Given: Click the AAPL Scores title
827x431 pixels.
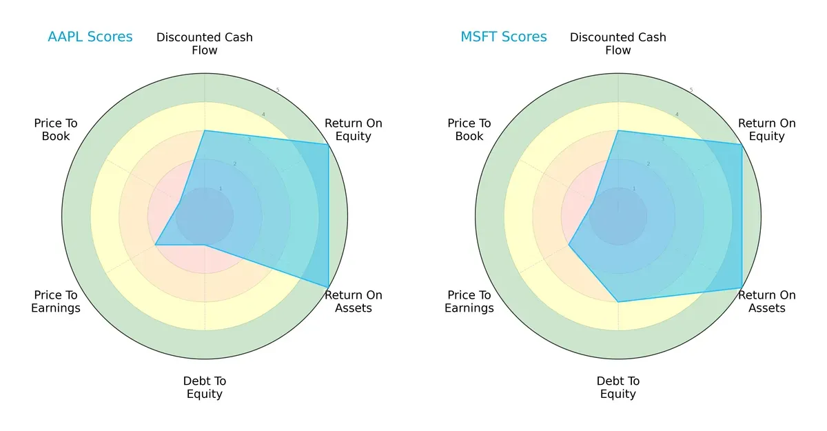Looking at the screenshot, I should pyautogui.click(x=90, y=37).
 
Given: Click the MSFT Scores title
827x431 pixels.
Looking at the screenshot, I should pyautogui.click(x=504, y=37).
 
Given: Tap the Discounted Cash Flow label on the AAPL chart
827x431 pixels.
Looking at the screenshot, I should pyautogui.click(x=205, y=43).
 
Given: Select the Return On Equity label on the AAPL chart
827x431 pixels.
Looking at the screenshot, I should pyautogui.click(x=354, y=130).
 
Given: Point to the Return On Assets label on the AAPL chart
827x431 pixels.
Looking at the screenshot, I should pyautogui.click(x=354, y=301).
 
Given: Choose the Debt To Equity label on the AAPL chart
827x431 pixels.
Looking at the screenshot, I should pyautogui.click(x=205, y=388).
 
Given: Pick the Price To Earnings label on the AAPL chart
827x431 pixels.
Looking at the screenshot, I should pyautogui.click(x=56, y=301).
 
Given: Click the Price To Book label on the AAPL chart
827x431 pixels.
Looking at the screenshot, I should pyautogui.click(x=56, y=130).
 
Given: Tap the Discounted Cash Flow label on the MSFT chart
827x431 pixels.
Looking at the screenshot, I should pyautogui.click(x=618, y=43).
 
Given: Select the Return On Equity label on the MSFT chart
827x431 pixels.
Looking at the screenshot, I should pyautogui.click(x=767, y=130).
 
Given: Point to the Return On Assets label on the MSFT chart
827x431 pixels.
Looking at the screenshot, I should pyautogui.click(x=767, y=301).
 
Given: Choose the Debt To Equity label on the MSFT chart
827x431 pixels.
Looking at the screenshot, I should pyautogui.click(x=618, y=388).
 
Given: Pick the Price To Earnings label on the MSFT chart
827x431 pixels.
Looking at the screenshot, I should pyautogui.click(x=469, y=301).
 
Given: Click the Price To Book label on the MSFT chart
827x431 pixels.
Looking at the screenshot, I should pyautogui.click(x=469, y=130).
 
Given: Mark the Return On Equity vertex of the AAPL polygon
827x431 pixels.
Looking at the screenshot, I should pyautogui.click(x=328, y=144).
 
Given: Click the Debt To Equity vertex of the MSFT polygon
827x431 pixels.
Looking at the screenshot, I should pyautogui.click(x=618, y=301).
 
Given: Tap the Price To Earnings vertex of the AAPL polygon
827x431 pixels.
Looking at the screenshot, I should pyautogui.click(x=156, y=245).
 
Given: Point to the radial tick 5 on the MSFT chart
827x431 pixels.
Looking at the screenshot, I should pyautogui.click(x=691, y=90).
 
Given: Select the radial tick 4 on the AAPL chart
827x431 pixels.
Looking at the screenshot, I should pyautogui.click(x=263, y=114).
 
